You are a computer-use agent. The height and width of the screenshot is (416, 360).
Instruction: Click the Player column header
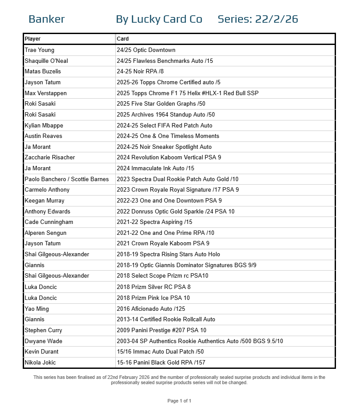(x=33, y=39)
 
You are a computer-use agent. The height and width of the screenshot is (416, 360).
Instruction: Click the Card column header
(x=123, y=39)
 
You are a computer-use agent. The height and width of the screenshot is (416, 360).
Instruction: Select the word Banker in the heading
(x=46, y=19)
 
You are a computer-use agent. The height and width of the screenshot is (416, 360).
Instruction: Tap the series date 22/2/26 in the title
(x=276, y=19)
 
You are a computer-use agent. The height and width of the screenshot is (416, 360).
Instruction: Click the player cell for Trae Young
(x=40, y=50)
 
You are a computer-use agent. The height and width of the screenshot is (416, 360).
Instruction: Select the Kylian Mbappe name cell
(x=44, y=125)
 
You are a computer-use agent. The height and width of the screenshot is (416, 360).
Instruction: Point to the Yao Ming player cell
(x=37, y=309)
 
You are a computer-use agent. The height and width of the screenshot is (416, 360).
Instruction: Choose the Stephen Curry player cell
(x=43, y=330)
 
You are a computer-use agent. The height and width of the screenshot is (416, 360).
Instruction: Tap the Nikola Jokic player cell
(x=40, y=362)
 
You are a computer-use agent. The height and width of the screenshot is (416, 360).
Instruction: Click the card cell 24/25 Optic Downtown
(x=146, y=50)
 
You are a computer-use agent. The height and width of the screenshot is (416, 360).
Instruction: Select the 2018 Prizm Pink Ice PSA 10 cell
(x=153, y=298)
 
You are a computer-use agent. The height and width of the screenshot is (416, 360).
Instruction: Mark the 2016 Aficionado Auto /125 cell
(x=150, y=309)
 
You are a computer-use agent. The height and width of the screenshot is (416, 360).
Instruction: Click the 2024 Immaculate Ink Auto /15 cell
(x=156, y=168)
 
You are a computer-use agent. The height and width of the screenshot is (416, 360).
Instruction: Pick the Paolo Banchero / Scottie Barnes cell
(x=67, y=179)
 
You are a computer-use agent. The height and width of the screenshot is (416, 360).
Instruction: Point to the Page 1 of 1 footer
(x=180, y=401)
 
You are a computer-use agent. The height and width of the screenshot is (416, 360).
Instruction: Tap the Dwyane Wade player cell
(x=43, y=341)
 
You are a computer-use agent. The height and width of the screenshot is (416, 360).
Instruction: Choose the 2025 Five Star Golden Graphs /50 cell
(x=161, y=104)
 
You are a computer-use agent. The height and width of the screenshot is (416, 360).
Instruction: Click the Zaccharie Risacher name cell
(x=50, y=157)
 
